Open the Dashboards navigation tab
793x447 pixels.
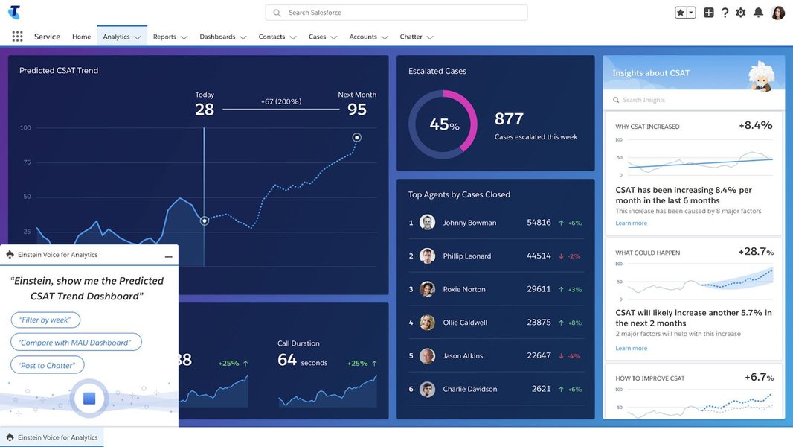pyautogui.click(x=217, y=37)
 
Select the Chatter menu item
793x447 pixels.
pyautogui.click(x=411, y=37)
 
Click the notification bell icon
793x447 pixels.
pyautogui.click(x=758, y=13)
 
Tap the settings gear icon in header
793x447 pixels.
pyautogui.click(x=740, y=13)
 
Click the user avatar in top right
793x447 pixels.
pyautogui.click(x=778, y=13)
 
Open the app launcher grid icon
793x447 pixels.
pyautogui.click(x=17, y=37)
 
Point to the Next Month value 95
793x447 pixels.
pyautogui.click(x=357, y=110)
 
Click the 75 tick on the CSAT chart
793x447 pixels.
pyautogui.click(x=27, y=162)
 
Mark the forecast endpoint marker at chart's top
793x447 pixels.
pyautogui.click(x=356, y=137)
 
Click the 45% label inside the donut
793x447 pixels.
pyautogui.click(x=443, y=125)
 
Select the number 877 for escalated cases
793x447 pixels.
pyautogui.click(x=509, y=119)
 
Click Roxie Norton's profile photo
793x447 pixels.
pyautogui.click(x=427, y=289)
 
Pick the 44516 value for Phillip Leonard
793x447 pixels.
pyautogui.click(x=539, y=256)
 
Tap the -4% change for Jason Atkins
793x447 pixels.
pyautogui.click(x=574, y=356)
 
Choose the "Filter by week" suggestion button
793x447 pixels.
pyautogui.click(x=45, y=320)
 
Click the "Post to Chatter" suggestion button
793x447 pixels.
pyautogui.click(x=48, y=365)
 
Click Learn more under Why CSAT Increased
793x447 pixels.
pyautogui.click(x=631, y=223)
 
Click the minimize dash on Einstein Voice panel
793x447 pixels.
pyautogui.click(x=169, y=256)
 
